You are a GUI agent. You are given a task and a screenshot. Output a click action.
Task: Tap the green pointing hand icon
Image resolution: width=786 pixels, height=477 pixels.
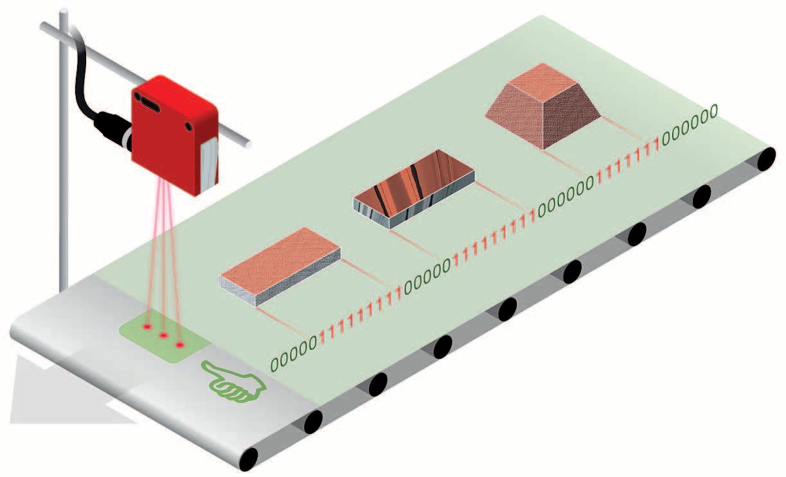[x=235, y=381]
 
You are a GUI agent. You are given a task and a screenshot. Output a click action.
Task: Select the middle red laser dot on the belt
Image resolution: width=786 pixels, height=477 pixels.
[x=163, y=335]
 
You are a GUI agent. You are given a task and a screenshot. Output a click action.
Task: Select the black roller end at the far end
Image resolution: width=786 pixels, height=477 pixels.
[x=766, y=159]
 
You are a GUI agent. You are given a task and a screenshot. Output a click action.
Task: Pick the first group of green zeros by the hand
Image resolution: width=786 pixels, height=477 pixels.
[x=294, y=354]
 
